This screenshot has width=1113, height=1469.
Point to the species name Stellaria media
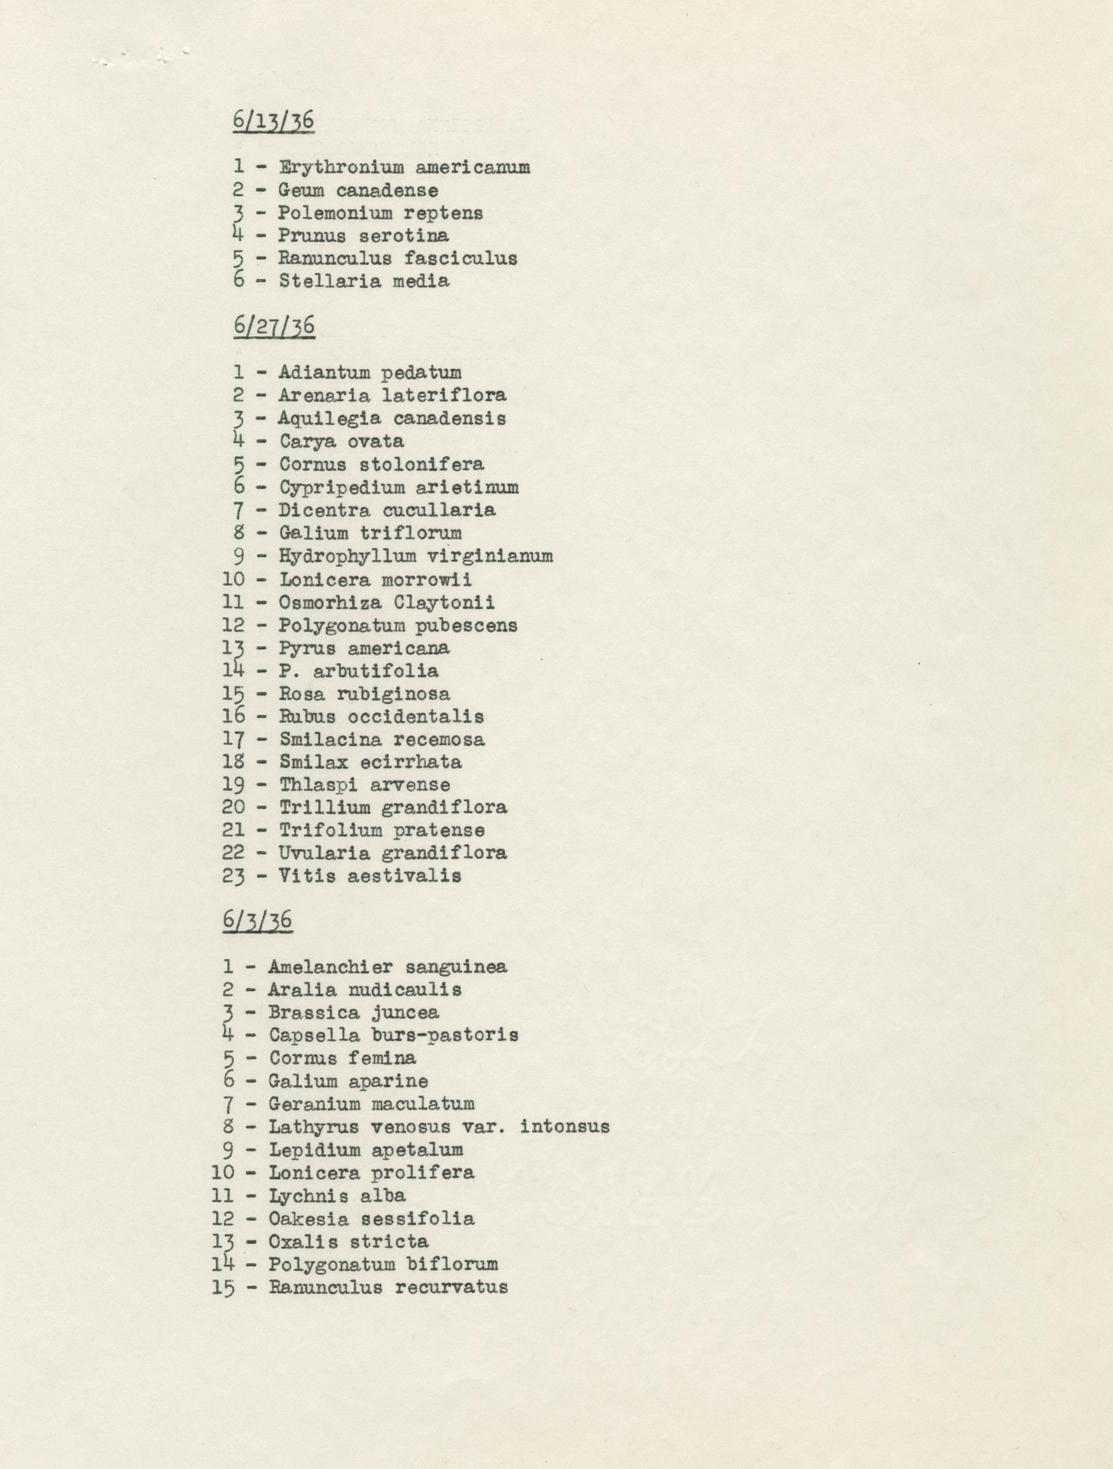tap(364, 281)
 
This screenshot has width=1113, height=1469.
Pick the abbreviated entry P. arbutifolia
tap(358, 671)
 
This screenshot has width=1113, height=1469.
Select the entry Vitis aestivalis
tap(370, 876)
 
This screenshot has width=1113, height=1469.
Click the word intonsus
tap(565, 1127)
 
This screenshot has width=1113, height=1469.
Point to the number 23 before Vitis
tap(234, 876)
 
